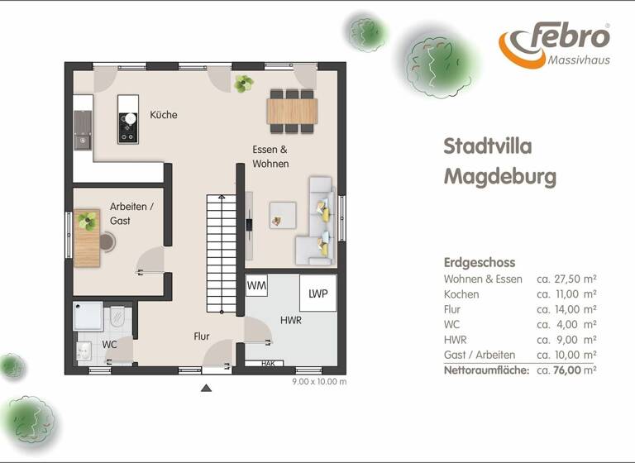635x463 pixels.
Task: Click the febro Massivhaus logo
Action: pos(554,46)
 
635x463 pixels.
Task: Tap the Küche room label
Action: pos(163,115)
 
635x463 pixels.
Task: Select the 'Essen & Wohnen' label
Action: pos(270,156)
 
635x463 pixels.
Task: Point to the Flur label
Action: pos(202,337)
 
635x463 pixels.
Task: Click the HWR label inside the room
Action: pos(289,319)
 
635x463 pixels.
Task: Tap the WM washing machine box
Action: pos(256,285)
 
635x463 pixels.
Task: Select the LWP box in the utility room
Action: pos(317,294)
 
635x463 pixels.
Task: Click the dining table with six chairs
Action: pos(292,111)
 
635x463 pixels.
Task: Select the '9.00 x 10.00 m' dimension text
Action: pos(319,382)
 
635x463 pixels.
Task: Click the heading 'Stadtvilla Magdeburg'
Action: pos(499,161)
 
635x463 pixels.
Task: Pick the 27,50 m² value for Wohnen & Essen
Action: pos(566,279)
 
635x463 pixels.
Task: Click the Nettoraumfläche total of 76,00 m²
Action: pos(566,370)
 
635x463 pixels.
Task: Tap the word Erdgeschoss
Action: pos(479,262)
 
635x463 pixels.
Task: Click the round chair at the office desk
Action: pos(108,241)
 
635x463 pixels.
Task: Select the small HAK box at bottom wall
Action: pos(268,363)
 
